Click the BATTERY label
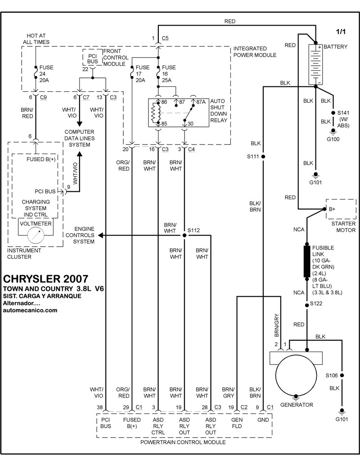click(x=335, y=47)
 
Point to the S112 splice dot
click(x=184, y=235)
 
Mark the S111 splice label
click(x=253, y=157)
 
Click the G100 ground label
click(x=333, y=139)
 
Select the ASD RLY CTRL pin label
click(x=158, y=426)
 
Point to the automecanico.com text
click(x=30, y=310)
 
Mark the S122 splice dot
click(x=307, y=304)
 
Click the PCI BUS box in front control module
click(x=92, y=56)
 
